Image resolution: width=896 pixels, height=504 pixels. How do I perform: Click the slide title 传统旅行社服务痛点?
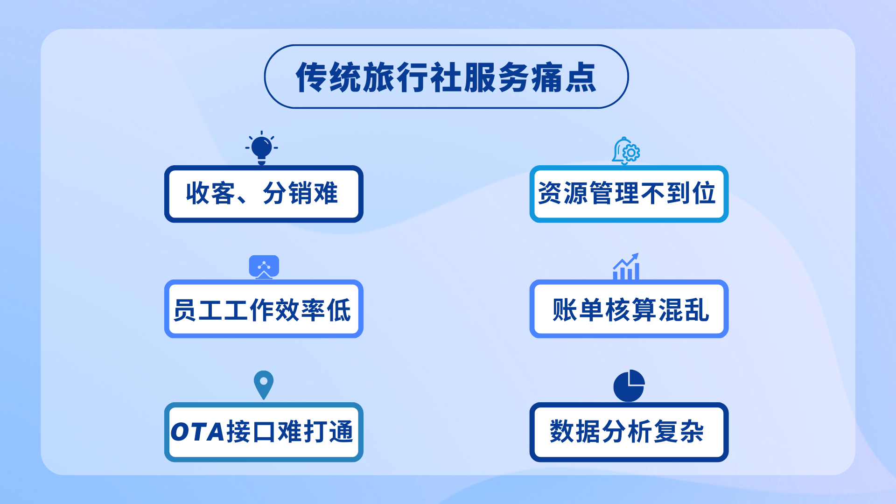pyautogui.click(x=446, y=77)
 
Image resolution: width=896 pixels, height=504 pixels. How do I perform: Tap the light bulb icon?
pyautogui.click(x=261, y=148)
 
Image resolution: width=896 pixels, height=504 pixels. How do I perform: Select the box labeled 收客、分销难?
pyautogui.click(x=264, y=194)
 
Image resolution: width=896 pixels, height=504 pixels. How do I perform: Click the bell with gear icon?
pyautogui.click(x=625, y=151)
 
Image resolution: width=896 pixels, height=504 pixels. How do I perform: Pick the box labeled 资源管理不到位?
pyautogui.click(x=629, y=194)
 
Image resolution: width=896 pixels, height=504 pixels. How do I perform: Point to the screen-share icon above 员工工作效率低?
pyautogui.click(x=264, y=266)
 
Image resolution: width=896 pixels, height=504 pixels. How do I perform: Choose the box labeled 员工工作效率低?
pyautogui.click(x=264, y=309)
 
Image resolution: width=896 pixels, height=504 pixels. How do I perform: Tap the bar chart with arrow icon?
pyautogui.click(x=626, y=267)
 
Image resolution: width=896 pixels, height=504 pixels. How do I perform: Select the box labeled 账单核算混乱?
pyautogui.click(x=629, y=309)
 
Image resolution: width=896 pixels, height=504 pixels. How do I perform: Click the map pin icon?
pyautogui.click(x=264, y=384)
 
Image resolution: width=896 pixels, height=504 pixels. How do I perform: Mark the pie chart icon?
pyautogui.click(x=629, y=386)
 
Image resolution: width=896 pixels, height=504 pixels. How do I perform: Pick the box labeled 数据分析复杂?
pyautogui.click(x=629, y=432)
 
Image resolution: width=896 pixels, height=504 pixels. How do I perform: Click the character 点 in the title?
pyautogui.click(x=581, y=77)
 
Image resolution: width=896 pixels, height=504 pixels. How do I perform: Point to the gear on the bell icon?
pyautogui.click(x=631, y=153)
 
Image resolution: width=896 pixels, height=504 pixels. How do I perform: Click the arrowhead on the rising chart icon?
pyautogui.click(x=635, y=257)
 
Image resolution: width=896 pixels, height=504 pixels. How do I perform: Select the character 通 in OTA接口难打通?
pyautogui.click(x=341, y=432)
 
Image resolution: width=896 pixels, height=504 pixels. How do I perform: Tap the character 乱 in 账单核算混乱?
pyautogui.click(x=697, y=310)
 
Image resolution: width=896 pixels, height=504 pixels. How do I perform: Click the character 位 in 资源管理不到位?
pyautogui.click(x=704, y=193)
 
